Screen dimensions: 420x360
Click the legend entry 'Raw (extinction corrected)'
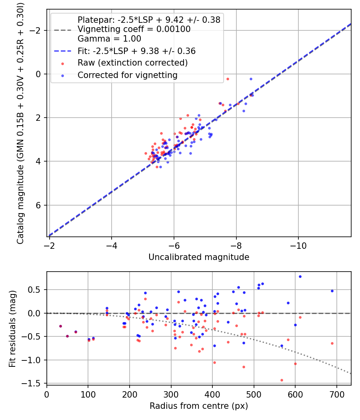[x=132, y=63]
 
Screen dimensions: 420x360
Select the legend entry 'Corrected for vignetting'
[x=127, y=75]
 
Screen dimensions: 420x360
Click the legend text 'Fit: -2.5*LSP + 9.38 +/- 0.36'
[x=136, y=51]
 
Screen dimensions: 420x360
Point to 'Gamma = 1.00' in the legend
[x=109, y=39]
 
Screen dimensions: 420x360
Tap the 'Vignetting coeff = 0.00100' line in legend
[x=134, y=29]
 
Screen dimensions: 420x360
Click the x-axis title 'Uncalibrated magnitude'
[x=199, y=257]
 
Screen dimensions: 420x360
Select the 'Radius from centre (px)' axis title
[x=199, y=406]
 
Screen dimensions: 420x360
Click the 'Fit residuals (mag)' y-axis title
[x=13, y=328]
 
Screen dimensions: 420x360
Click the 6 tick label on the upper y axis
[x=39, y=205]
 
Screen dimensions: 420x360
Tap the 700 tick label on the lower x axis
[x=336, y=394]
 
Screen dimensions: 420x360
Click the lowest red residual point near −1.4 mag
[x=282, y=380]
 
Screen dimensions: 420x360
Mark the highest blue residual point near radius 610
[x=300, y=276]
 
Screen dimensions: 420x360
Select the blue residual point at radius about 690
[x=332, y=291]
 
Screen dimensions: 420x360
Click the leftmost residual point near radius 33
[x=60, y=326]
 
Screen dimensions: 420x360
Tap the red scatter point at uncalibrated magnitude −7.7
[x=228, y=79]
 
